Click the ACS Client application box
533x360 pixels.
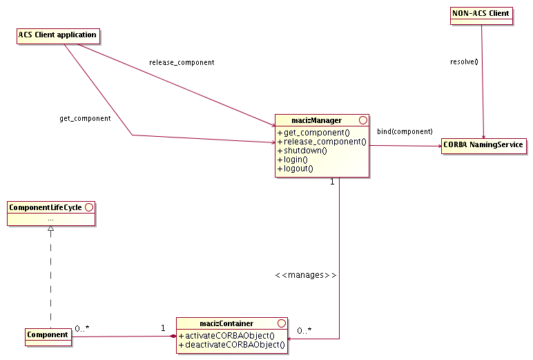[x=57, y=35]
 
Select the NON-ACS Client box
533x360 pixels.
[x=481, y=14]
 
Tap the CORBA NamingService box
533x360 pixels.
[x=484, y=146]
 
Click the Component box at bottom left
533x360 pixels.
[x=48, y=336]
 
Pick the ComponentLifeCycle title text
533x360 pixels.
[x=45, y=207]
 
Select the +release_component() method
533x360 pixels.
[x=321, y=142]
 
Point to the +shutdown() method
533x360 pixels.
[x=302, y=151]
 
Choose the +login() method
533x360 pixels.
[x=293, y=160]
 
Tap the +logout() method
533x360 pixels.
[x=295, y=169]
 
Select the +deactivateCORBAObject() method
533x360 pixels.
[x=231, y=344]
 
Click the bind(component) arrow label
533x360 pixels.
[x=405, y=131]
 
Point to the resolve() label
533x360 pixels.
[x=463, y=61]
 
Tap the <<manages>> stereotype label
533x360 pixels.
[x=305, y=275]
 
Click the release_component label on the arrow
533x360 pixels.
[x=182, y=63]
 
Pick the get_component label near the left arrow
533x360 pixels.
[x=85, y=119]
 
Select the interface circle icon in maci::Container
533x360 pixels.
[x=280, y=323]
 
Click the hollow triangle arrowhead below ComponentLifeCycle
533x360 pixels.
[x=50, y=229]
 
